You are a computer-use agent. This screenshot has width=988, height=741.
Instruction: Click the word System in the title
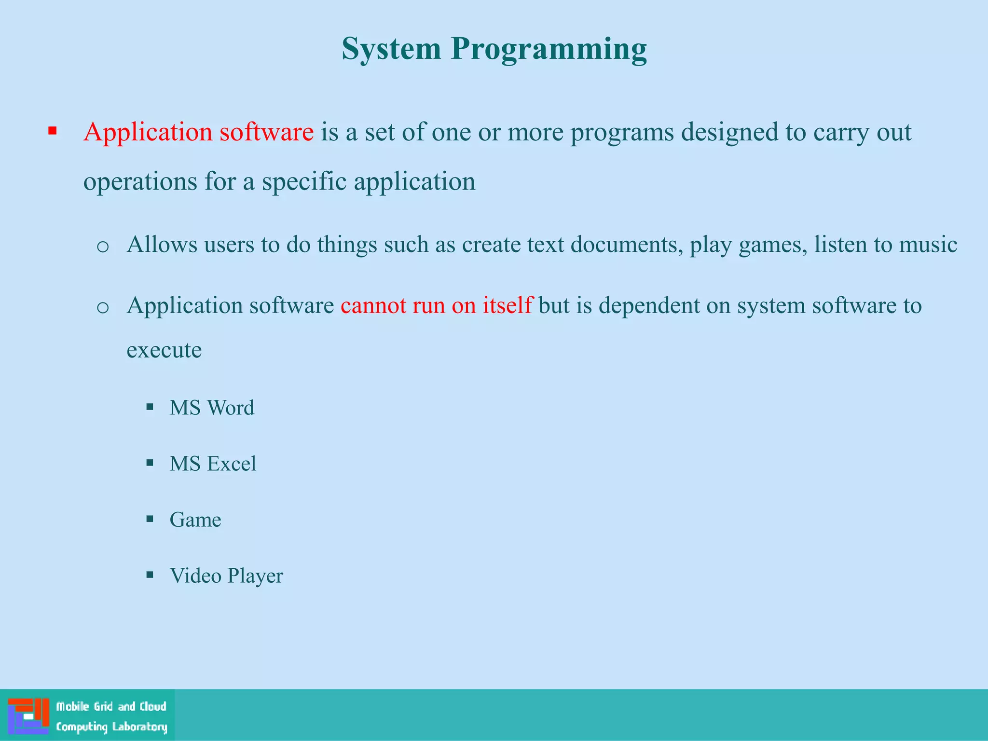pos(391,50)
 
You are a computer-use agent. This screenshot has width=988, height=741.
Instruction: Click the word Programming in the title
pos(549,50)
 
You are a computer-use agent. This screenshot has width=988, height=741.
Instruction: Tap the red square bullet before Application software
pos(53,131)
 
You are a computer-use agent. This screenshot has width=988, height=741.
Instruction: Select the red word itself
pos(507,305)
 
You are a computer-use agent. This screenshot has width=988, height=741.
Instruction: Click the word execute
pos(164,350)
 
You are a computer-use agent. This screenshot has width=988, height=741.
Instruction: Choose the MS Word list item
pos(212,408)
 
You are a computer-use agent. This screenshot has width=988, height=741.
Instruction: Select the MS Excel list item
pos(213,464)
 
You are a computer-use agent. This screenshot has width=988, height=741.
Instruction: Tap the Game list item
pos(195,520)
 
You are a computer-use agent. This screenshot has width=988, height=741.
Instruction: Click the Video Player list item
pos(226,576)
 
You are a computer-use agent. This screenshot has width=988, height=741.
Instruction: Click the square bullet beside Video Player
pos(150,575)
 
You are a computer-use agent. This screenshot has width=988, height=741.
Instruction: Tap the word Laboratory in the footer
pos(139,727)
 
